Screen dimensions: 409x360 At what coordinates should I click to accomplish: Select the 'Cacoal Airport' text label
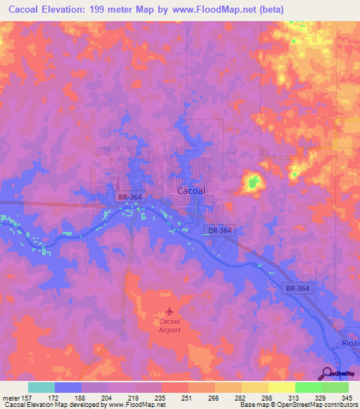(x=167, y=325)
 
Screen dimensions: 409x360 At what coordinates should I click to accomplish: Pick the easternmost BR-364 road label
(x=298, y=288)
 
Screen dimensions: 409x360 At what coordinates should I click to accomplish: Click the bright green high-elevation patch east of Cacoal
(x=252, y=184)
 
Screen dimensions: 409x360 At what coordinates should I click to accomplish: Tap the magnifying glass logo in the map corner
(x=326, y=372)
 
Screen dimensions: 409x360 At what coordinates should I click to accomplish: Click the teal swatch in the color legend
(x=41, y=387)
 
